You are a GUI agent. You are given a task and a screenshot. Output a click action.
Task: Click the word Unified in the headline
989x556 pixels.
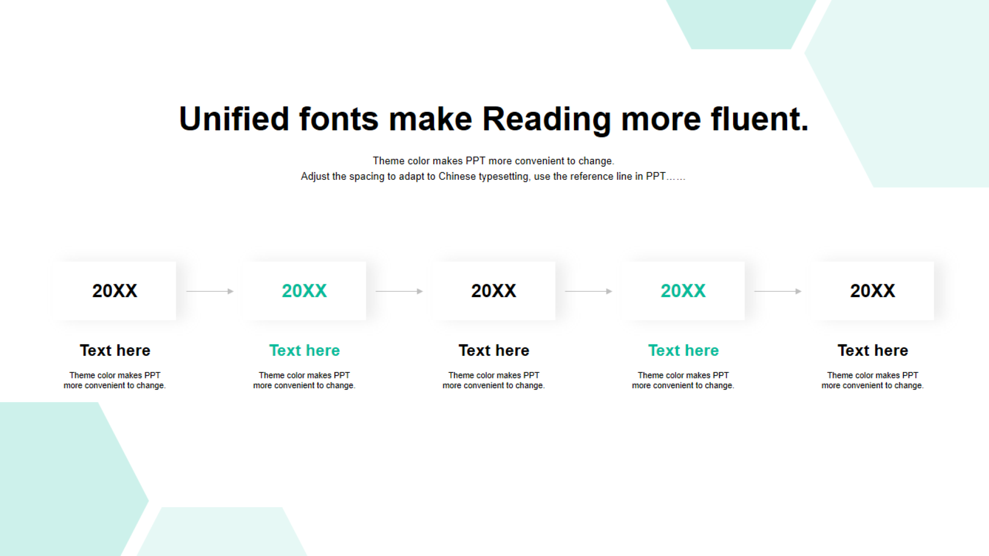pos(234,119)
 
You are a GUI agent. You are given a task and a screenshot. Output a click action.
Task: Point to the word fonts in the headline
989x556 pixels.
pos(339,119)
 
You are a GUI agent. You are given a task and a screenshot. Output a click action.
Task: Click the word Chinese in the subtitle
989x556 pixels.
pos(457,176)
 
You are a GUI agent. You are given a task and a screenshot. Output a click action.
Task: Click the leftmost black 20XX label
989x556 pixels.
pos(115,291)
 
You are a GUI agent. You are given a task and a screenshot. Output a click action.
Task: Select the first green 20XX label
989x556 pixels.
pos(304,291)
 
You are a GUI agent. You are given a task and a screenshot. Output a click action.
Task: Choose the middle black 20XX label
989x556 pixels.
pos(494,291)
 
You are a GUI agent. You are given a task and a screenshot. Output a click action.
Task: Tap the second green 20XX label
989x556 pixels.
pos(684,291)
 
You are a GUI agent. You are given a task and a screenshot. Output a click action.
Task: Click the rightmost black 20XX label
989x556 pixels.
pos(873,291)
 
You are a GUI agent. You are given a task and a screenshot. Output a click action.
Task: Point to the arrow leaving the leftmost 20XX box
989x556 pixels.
pos(210,291)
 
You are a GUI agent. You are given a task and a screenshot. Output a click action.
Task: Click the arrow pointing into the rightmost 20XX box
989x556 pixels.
pos(778,291)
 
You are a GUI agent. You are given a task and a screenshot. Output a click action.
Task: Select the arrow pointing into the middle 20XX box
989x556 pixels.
pos(400,291)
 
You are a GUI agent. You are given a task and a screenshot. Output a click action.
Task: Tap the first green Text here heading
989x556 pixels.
pos(304,351)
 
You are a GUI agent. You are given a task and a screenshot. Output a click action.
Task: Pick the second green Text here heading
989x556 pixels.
pos(684,351)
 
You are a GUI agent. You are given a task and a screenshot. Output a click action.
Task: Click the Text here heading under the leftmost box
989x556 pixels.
pos(115,351)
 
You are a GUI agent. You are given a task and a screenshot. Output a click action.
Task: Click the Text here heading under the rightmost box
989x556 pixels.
pos(873,351)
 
